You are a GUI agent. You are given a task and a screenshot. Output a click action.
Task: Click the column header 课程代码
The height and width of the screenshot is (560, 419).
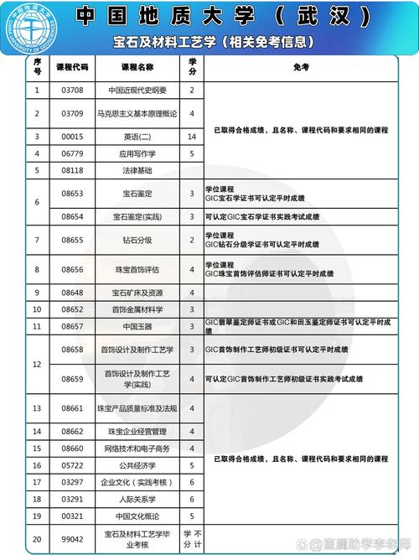point(73,67)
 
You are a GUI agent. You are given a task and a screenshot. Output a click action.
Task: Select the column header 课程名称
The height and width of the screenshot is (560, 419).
point(138,67)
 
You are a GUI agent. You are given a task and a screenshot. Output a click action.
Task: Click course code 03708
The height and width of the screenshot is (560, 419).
point(73,90)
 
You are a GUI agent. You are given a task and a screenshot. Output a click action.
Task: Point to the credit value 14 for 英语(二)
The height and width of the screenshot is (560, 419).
point(192,135)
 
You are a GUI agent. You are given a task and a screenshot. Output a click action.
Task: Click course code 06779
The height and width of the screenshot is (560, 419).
point(73,153)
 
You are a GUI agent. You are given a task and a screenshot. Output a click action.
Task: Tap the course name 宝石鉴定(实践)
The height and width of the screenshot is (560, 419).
point(138,216)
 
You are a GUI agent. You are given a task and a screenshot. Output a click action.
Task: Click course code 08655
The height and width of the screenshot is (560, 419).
point(73,241)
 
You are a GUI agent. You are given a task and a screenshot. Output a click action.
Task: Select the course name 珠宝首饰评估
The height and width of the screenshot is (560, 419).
point(138,269)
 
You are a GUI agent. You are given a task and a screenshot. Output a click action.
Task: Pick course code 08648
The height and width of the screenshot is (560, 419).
point(73,293)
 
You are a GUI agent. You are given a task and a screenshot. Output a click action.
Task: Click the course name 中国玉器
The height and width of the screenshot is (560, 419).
point(138,325)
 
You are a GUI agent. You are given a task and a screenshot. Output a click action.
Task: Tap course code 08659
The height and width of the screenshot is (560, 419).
point(73,379)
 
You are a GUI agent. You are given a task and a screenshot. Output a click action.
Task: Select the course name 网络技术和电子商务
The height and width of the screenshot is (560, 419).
point(138,448)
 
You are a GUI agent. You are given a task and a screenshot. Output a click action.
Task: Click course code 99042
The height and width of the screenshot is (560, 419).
point(73,537)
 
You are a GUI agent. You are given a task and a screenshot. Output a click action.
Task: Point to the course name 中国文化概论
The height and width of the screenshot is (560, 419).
point(138,516)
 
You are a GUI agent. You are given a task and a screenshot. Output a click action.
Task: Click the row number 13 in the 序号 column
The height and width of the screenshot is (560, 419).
point(37,408)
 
